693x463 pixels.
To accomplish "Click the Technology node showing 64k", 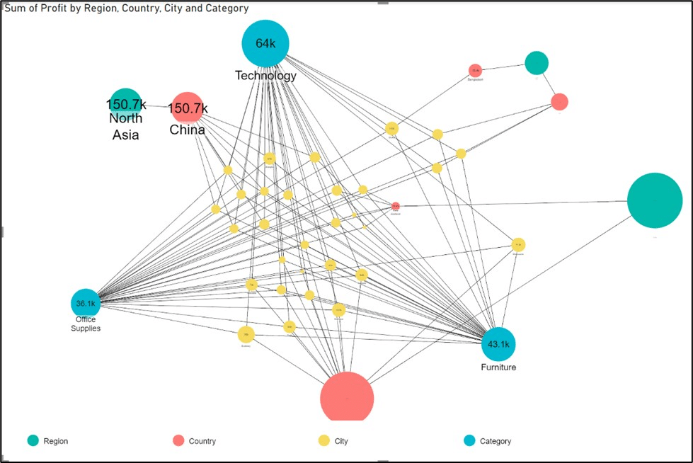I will pos(265,44).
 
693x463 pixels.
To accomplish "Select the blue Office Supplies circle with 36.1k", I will pos(85,303).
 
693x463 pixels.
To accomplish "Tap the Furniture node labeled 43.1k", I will pos(499,344).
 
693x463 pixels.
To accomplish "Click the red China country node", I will pos(188,108).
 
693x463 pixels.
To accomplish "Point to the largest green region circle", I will pos(655,200).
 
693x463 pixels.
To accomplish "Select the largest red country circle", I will pos(347,398).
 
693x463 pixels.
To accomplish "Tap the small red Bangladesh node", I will pos(475,70).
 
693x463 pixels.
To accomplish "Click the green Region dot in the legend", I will pos(33,441).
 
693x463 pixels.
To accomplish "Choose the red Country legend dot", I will pos(178,441).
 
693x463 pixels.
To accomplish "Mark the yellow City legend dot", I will pos(324,441).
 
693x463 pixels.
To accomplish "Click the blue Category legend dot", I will pos(469,441).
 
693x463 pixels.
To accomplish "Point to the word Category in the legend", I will pos(496,441).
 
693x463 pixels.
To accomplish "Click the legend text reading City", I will pos(342,441).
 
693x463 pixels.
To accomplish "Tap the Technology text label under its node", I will pos(265,76).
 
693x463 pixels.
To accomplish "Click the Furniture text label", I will pos(499,367).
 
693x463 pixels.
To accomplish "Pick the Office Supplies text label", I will pos(85,324).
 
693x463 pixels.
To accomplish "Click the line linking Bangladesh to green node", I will pos(503,67).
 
